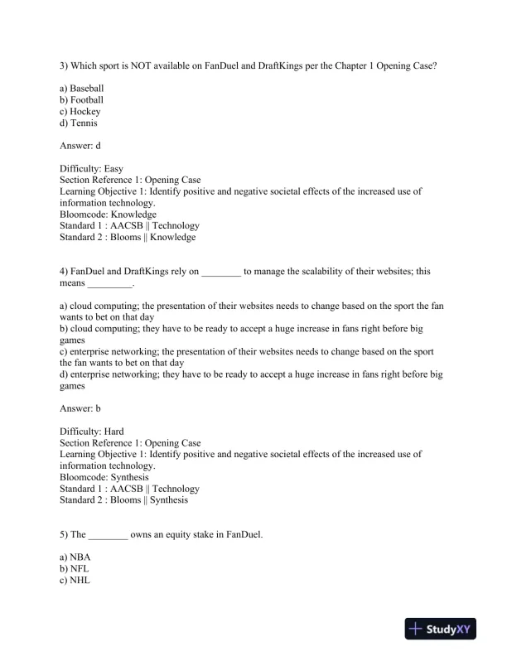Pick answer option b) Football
(x=81, y=99)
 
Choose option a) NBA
(x=75, y=557)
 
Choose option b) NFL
(x=75, y=569)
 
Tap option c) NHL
(x=75, y=581)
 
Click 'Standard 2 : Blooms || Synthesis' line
(x=123, y=500)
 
